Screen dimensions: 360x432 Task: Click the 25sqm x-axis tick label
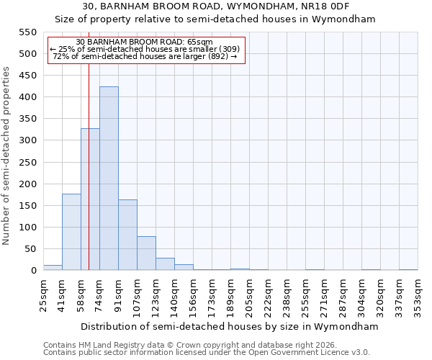pyautogui.click(x=43, y=293)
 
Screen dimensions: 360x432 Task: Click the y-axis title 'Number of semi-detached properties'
pyautogui.click(x=6, y=156)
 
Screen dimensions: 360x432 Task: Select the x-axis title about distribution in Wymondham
pyautogui.click(x=230, y=326)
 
